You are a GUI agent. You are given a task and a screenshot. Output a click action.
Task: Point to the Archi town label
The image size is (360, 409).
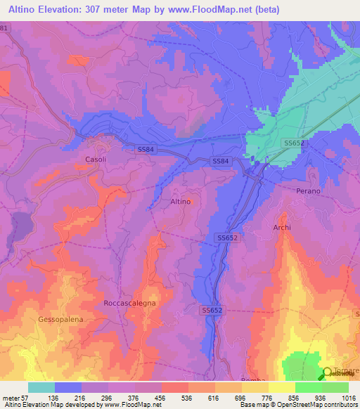point(282,228)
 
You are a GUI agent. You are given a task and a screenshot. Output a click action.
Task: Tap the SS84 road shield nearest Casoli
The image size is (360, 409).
point(146,149)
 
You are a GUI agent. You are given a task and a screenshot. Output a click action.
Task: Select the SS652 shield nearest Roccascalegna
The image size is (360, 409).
point(212,310)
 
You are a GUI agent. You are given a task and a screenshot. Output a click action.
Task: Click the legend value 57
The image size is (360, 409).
point(24,397)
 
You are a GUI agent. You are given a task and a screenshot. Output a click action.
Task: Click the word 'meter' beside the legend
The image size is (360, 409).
point(11,397)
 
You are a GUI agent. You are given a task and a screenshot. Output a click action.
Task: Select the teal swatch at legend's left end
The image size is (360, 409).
point(41,387)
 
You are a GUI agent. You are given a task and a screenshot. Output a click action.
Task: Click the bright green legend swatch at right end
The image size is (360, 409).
point(335,387)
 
